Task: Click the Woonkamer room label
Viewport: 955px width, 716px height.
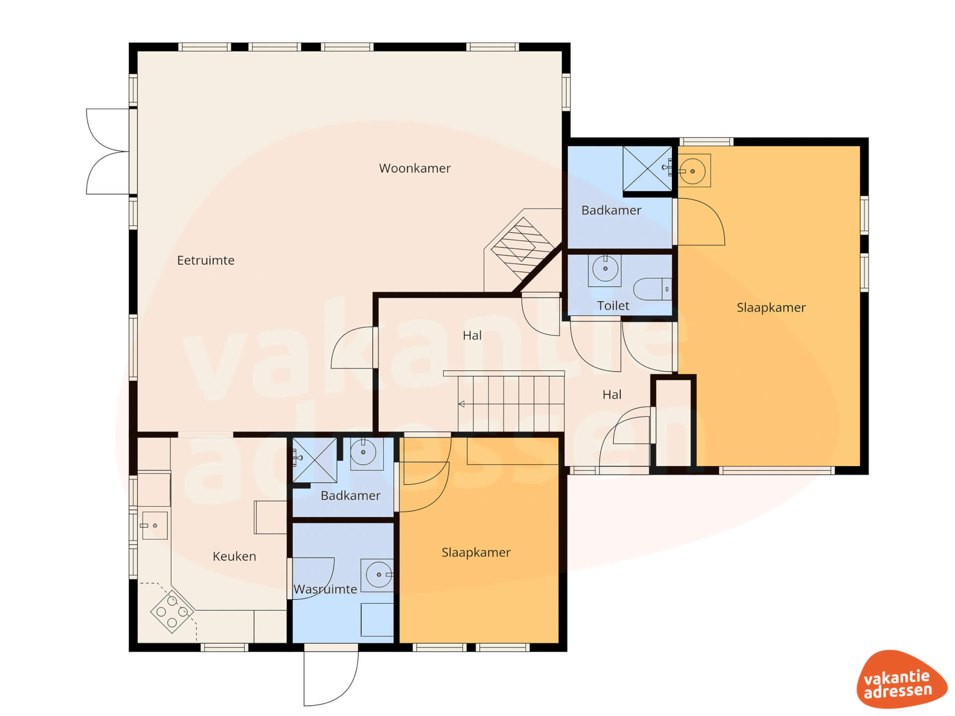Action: click(415, 168)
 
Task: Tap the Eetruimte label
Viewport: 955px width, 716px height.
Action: click(206, 260)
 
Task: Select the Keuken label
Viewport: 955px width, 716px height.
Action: click(234, 556)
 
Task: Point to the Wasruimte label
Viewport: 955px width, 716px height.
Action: click(325, 589)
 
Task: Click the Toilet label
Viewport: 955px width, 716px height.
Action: click(613, 306)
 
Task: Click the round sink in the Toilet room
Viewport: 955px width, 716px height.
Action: click(605, 269)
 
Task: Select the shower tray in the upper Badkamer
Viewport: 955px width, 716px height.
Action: click(648, 168)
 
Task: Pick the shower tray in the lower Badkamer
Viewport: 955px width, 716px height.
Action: click(314, 460)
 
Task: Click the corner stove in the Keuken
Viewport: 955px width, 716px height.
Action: click(172, 612)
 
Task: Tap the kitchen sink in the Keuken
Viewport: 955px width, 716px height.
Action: click(154, 525)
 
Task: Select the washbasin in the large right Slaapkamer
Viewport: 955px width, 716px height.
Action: click(693, 171)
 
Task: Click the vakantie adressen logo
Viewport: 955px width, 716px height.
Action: click(901, 679)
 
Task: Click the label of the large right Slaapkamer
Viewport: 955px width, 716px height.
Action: click(771, 307)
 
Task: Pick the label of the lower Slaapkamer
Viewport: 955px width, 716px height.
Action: click(476, 552)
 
